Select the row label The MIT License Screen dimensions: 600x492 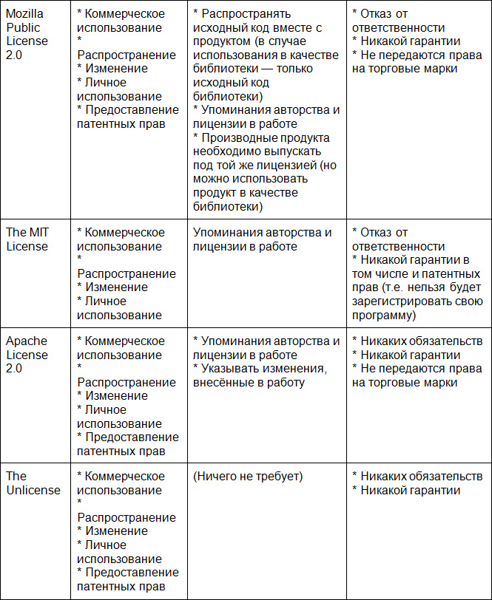tap(28, 239)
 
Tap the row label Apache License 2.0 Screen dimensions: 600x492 tap(27, 355)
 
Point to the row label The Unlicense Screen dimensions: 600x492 tap(33, 483)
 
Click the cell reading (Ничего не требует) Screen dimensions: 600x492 tap(248, 477)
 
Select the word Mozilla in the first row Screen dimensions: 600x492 tap(24, 14)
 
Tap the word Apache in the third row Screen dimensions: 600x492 tap(27, 341)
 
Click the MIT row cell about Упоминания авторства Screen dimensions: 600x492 tap(263, 239)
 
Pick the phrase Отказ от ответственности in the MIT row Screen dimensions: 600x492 tap(400, 239)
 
